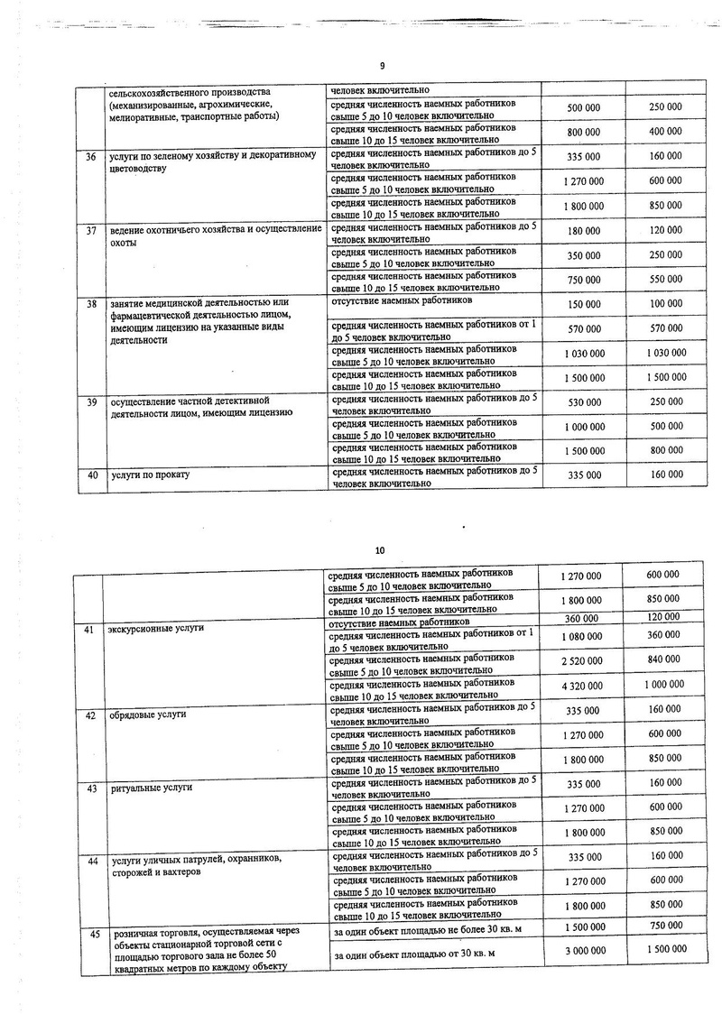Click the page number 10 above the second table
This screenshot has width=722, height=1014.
(x=379, y=549)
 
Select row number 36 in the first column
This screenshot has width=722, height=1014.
(x=90, y=157)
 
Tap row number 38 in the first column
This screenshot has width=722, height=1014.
(x=90, y=304)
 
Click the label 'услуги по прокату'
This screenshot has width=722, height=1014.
(x=149, y=474)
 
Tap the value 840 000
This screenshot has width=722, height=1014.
(x=665, y=660)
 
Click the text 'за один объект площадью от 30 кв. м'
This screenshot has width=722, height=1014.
(x=429, y=954)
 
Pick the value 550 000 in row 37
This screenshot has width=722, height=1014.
(x=665, y=280)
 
